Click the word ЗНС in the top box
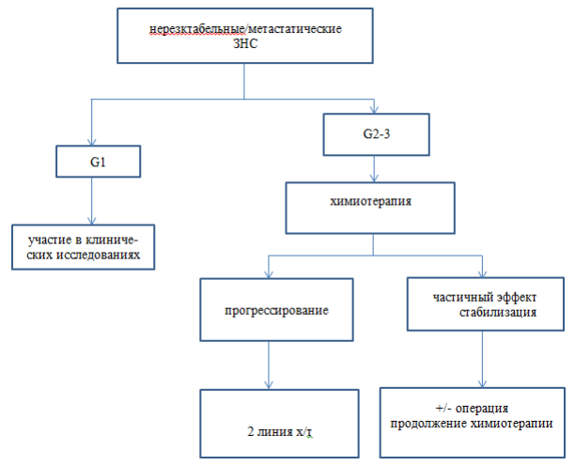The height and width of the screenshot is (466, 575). coord(245,43)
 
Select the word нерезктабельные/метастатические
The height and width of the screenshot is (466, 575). coord(246,28)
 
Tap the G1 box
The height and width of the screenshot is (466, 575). coord(99,162)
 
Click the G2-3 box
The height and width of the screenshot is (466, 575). coord(376,134)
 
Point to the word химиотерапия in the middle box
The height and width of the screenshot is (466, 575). coord(371,201)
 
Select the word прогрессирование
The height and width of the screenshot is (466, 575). coord(276,310)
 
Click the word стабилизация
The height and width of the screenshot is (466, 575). coord(498,312)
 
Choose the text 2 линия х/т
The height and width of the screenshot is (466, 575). coord(279,431)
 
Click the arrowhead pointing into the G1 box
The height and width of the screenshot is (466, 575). coord(91,142)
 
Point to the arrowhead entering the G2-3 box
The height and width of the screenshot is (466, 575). coord(374,110)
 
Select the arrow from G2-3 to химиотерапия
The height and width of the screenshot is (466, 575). coord(374,169)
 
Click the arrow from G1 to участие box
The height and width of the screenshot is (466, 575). coord(91,201)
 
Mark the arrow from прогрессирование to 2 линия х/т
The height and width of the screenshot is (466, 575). coord(269,365)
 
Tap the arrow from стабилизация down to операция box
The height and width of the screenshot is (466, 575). coord(482,359)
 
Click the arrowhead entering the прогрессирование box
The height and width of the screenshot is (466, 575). coord(269,274)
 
